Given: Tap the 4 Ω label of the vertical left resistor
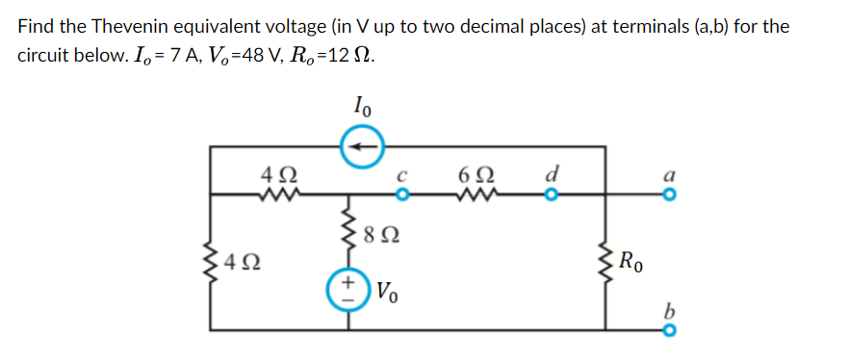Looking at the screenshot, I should pos(241,260).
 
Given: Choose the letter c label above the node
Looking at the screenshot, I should pos(404,177).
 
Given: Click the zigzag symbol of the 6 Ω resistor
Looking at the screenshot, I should pos(478,195).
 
